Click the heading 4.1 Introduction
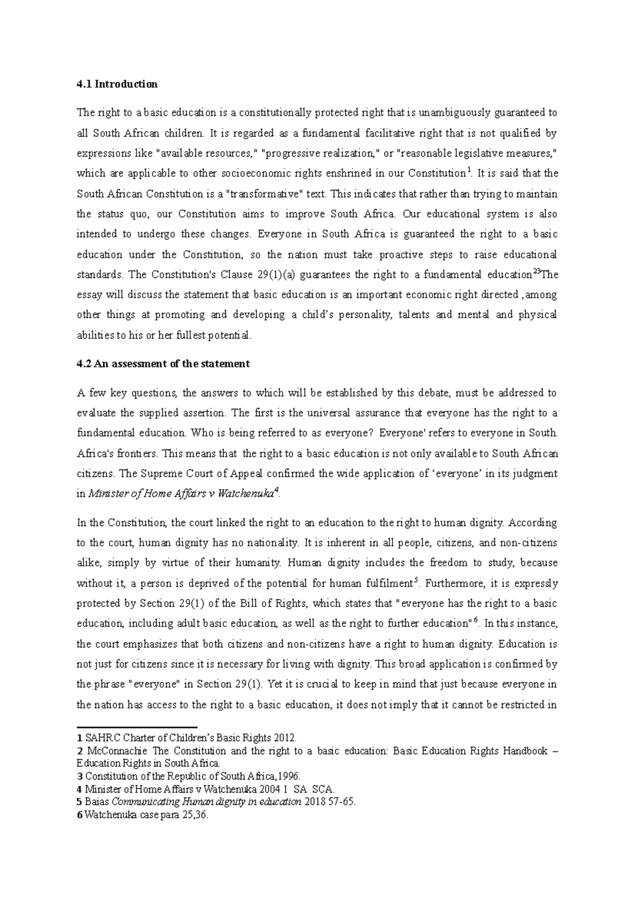click(117, 84)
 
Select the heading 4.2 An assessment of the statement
click(163, 364)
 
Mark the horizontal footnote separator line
click(137, 727)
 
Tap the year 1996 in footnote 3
click(289, 776)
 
